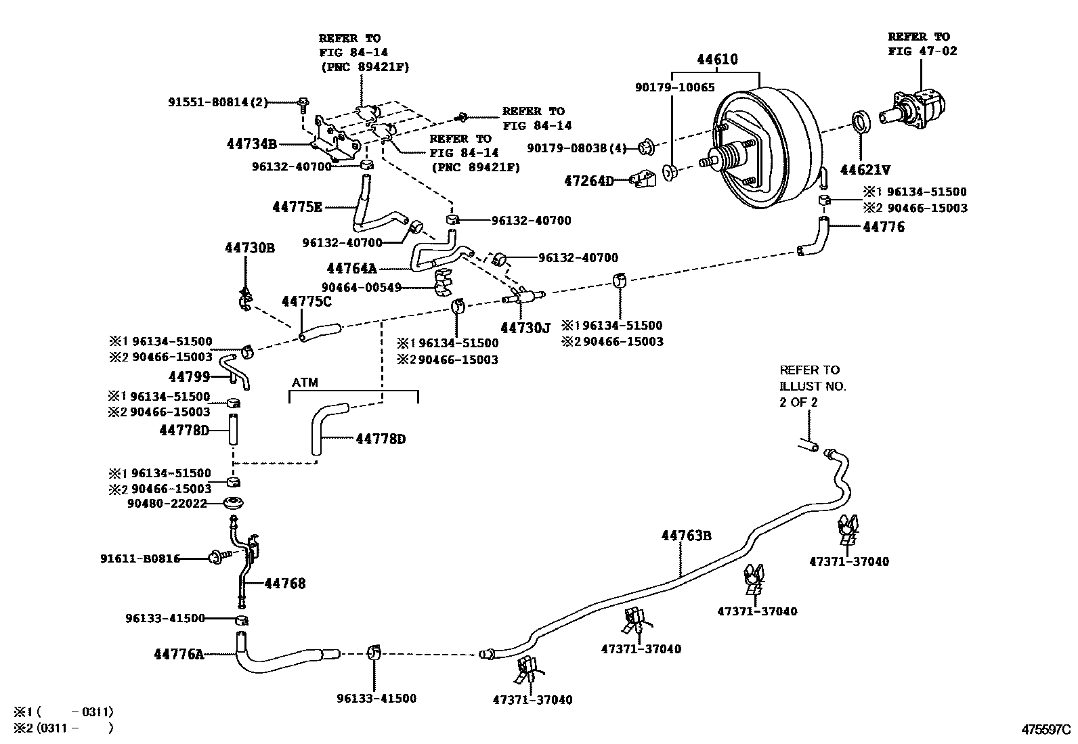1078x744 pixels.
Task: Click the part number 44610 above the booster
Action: (717, 60)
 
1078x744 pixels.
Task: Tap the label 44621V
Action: (865, 169)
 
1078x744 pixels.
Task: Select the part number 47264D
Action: (588, 181)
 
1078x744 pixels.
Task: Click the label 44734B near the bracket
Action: (251, 144)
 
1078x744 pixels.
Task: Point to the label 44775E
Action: (297, 207)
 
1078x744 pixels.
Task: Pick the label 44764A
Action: (351, 269)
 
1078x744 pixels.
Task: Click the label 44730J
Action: (525, 328)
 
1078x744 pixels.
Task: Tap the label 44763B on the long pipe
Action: (687, 536)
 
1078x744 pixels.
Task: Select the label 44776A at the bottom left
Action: (179, 654)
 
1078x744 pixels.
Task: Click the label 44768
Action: (284, 584)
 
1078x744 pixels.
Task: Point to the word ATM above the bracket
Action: (305, 383)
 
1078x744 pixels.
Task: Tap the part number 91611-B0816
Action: (140, 559)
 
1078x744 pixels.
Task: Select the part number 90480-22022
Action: (167, 504)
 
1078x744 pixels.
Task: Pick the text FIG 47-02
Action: (922, 51)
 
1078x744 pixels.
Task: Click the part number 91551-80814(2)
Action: (218, 102)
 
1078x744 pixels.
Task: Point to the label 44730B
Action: (250, 248)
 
